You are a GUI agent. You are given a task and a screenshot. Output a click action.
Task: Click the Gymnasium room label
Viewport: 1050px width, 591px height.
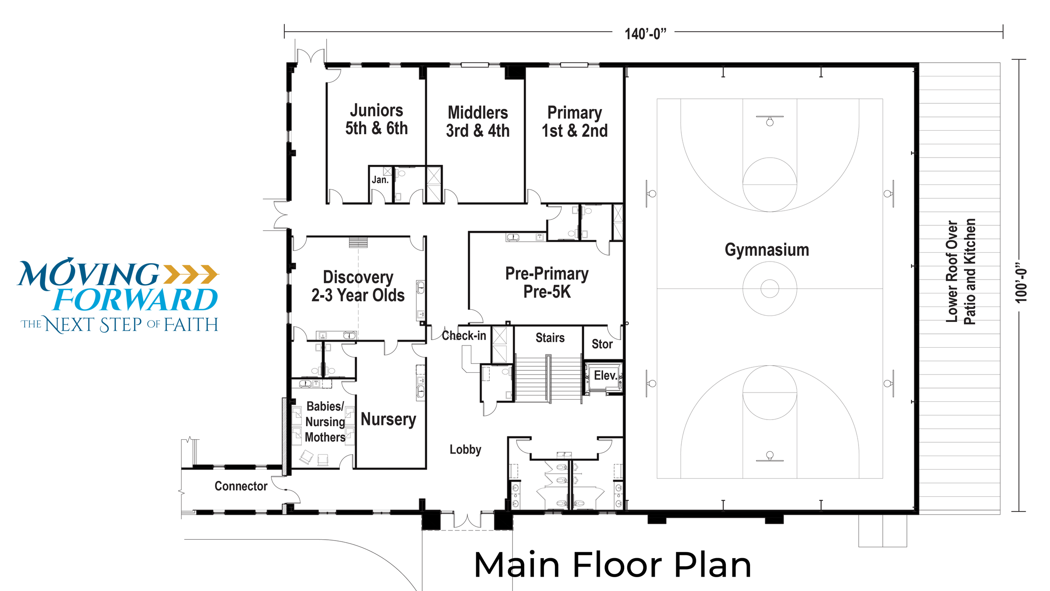point(766,250)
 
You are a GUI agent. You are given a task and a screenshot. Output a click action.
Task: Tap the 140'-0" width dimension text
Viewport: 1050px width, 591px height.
point(645,34)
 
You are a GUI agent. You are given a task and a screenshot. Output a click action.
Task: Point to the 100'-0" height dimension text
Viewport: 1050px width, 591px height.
point(1021,283)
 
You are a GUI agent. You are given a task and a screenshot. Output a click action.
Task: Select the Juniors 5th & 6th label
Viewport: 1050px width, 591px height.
point(376,119)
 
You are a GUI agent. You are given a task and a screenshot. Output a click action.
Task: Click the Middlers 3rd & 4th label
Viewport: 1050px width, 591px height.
point(478,121)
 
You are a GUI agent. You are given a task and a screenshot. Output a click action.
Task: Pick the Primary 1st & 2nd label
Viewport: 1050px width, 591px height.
point(575,121)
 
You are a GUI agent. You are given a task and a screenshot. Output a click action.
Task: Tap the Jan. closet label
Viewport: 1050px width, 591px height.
point(380,180)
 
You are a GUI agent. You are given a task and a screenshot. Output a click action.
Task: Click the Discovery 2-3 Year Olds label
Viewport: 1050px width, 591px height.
point(358,286)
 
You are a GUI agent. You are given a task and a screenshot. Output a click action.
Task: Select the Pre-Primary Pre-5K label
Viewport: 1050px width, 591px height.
point(547,282)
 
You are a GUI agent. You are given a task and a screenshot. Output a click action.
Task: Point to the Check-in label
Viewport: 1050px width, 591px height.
point(464,335)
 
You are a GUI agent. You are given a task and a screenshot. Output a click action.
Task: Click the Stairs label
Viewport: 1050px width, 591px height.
point(550,338)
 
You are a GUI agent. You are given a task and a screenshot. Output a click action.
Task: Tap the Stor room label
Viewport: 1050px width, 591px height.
point(602,344)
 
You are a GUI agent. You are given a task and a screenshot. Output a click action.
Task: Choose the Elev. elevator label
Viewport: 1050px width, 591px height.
point(605,375)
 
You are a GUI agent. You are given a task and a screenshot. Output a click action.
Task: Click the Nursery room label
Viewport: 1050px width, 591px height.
point(388,419)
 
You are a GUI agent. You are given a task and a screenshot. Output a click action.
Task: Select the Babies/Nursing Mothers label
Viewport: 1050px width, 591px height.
point(325,422)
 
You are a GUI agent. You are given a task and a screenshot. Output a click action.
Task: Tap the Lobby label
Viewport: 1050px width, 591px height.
point(465,450)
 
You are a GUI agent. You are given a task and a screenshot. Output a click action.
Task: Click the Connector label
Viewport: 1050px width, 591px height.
point(241,486)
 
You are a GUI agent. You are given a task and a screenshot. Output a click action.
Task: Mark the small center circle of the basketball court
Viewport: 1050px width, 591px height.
point(769,289)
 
